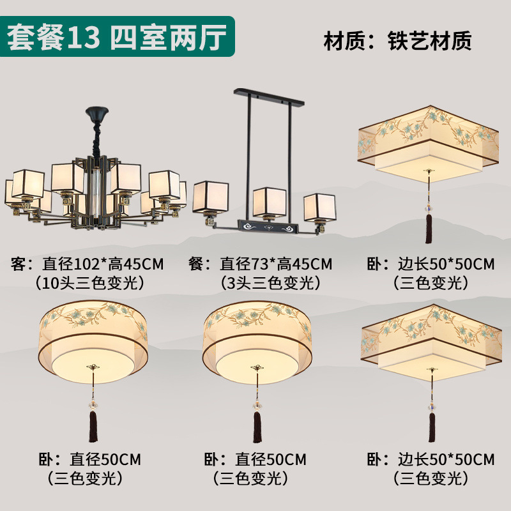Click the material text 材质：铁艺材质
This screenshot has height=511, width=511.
pos(397,40)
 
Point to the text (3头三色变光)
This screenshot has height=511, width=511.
pos(269,282)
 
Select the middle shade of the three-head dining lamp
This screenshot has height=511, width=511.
pos(269,202)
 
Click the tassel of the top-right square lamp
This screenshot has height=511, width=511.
pos(429,227)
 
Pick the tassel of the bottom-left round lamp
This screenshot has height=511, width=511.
pos(93,425)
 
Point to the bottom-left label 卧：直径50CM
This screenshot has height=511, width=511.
pos(89,459)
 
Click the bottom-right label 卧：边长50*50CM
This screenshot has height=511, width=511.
pos(431,459)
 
